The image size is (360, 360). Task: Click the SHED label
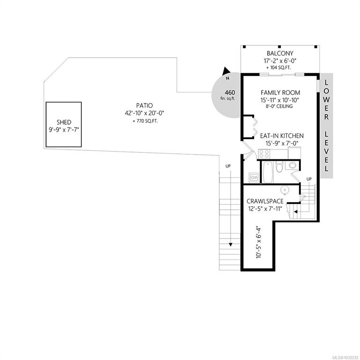point(64,122)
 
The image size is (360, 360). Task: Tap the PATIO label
point(144,105)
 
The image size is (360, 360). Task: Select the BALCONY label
point(280,53)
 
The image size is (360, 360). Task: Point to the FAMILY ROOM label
point(280,92)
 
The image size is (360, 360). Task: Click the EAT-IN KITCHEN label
point(282,135)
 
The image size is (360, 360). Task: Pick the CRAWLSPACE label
point(265,202)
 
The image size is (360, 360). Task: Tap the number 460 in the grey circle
point(230,92)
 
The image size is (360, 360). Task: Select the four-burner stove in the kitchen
point(264,154)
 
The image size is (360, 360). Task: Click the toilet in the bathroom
point(279,167)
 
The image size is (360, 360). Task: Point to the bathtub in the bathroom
point(268,172)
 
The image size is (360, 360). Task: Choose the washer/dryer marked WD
point(254,177)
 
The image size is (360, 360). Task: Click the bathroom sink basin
point(292,165)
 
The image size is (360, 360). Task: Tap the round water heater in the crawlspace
point(285,190)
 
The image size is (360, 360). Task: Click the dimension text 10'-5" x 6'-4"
point(259,243)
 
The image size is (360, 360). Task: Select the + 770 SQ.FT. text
point(145,121)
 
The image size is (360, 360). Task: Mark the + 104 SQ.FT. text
point(278,67)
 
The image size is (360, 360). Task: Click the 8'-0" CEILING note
point(279,106)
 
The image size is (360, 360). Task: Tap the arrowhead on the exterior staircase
point(230,245)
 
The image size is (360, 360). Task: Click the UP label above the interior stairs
point(309,179)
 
